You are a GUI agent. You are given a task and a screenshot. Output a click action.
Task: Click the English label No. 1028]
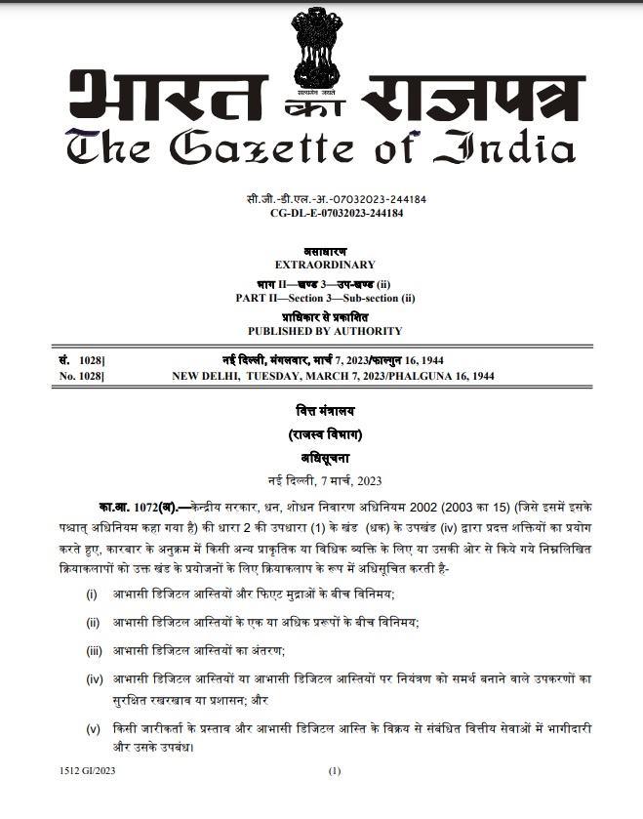(82, 375)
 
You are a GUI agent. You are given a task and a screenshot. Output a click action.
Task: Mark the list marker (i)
(92, 594)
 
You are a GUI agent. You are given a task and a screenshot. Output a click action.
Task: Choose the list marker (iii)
(94, 648)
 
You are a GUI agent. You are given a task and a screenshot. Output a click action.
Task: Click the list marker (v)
(93, 729)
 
